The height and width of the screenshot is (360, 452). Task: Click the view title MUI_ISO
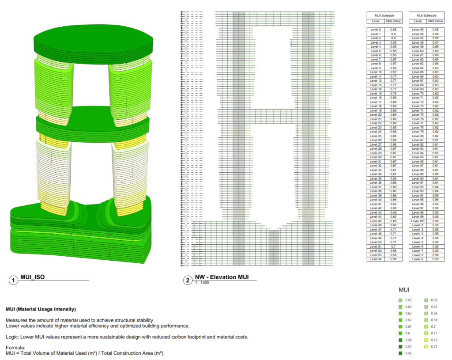32,277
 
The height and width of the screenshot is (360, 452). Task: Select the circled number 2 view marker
188,280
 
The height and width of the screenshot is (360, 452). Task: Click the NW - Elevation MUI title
222,277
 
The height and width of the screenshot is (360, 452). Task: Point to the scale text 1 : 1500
202,283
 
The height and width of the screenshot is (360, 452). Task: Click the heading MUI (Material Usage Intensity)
41,309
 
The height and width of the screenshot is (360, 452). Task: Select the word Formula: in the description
15,348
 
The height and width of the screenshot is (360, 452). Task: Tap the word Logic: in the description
13,337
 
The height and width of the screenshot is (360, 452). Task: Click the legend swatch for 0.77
426,347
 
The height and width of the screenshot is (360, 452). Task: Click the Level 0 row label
376,30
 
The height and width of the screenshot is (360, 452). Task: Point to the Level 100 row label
418,221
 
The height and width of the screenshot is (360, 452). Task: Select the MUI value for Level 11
393,76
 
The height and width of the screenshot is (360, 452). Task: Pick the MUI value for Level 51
393,246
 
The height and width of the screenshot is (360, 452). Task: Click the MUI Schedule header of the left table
384,15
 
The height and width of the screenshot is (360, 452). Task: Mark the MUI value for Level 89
435,174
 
